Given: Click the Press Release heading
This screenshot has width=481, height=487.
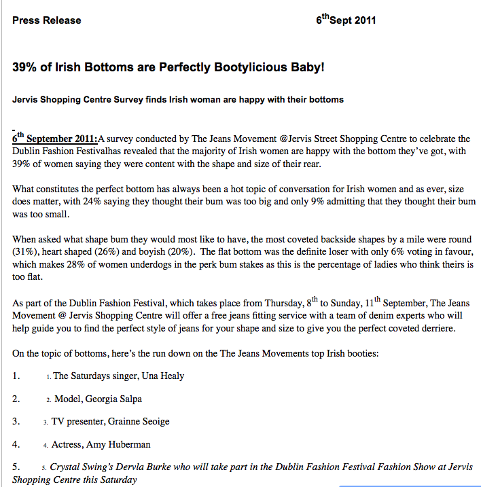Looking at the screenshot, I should coord(46,20).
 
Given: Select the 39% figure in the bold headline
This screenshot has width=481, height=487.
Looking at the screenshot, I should coord(24,68).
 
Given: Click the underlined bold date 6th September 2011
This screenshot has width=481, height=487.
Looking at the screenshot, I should coord(55,139).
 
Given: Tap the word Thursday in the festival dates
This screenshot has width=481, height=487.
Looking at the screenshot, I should coord(274,303).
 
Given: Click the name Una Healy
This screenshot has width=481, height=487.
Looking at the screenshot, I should coord(161,376).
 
